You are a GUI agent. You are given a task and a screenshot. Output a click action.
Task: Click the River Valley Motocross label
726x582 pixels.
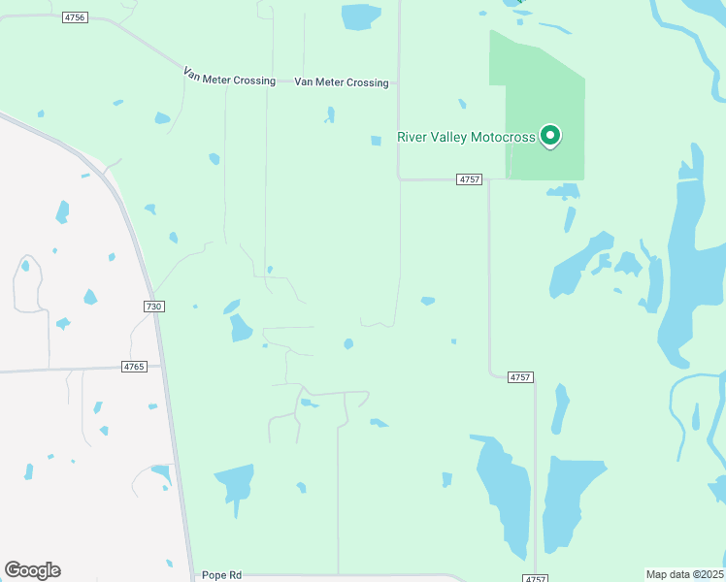[466, 137]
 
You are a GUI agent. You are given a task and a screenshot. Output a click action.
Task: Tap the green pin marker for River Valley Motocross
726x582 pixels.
[550, 136]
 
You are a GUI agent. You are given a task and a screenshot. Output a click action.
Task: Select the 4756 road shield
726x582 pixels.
[74, 17]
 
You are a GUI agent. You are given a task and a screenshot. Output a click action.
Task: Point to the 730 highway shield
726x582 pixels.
[153, 307]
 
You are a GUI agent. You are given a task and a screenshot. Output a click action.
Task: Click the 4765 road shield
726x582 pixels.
[134, 367]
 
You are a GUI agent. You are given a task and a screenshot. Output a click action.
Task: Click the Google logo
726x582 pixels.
[32, 570]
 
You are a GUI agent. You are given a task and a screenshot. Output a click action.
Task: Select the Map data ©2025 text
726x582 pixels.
[685, 573]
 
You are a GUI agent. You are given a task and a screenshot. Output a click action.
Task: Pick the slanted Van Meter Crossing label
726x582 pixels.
[229, 77]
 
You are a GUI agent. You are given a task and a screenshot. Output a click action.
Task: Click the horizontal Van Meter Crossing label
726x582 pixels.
[342, 83]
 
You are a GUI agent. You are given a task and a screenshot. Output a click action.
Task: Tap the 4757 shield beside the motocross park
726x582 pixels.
[470, 179]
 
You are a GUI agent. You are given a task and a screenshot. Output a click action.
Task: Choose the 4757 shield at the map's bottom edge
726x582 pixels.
[535, 578]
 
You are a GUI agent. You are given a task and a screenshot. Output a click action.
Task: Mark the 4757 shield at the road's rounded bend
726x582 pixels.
[520, 377]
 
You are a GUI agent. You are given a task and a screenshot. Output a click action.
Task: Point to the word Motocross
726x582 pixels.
[503, 137]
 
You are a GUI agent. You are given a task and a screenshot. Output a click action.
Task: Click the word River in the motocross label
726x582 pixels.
[413, 137]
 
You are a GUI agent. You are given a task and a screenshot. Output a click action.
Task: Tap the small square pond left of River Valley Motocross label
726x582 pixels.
[376, 141]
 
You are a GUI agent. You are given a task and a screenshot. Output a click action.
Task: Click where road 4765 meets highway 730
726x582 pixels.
[161, 366]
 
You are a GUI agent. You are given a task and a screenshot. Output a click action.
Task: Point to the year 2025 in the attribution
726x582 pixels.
[709, 573]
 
